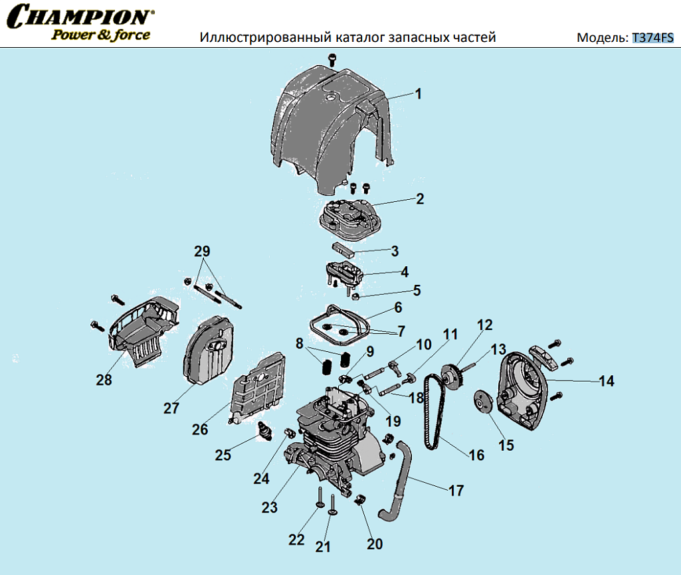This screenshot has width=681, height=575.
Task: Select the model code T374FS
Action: click(x=652, y=37)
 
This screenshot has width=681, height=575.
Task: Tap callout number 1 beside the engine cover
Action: click(x=419, y=94)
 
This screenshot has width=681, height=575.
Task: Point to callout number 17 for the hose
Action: click(x=456, y=491)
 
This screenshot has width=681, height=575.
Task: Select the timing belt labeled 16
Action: click(x=429, y=412)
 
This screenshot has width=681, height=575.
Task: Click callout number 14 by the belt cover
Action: click(x=606, y=381)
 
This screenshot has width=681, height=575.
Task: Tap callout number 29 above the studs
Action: click(x=202, y=252)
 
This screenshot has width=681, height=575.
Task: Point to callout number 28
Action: click(x=104, y=380)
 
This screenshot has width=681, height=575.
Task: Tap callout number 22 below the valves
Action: click(x=296, y=539)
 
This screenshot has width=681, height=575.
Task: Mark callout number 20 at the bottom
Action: click(x=375, y=544)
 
